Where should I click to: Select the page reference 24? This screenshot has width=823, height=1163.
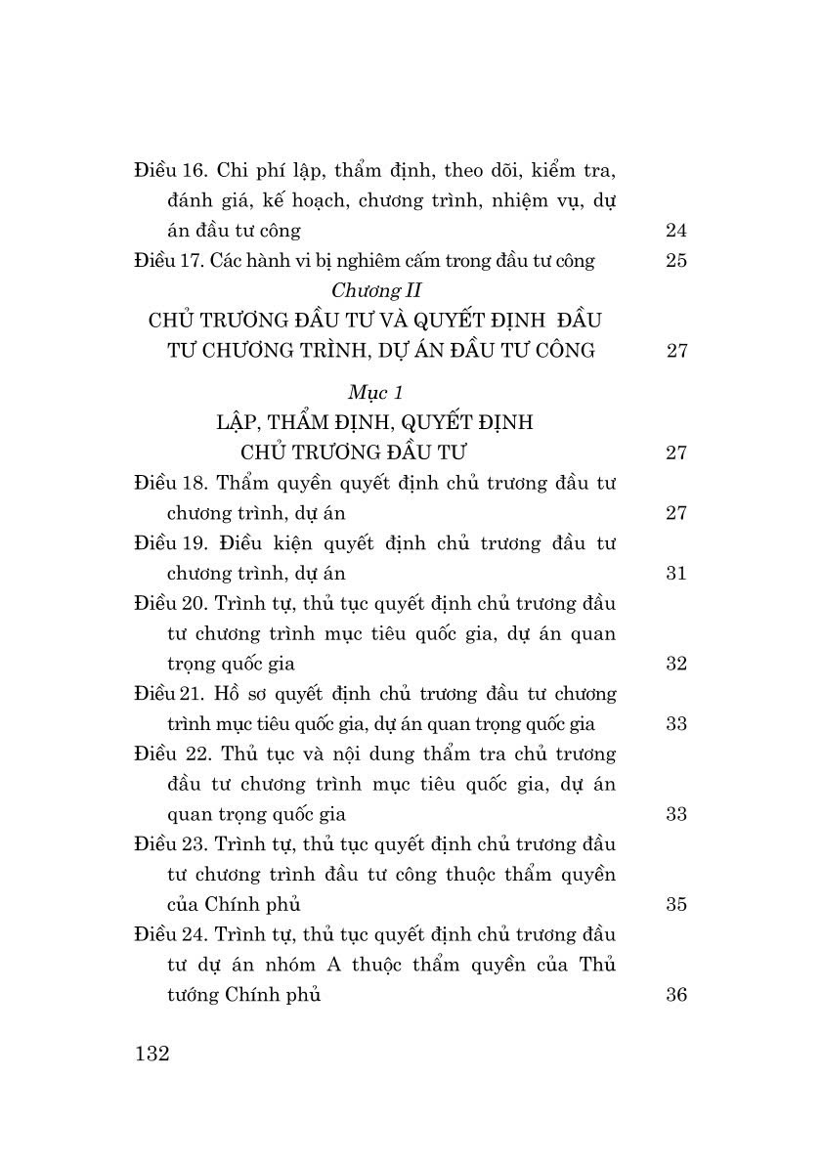675,231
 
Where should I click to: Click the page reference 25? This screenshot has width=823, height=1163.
675,261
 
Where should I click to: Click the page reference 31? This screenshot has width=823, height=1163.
675,574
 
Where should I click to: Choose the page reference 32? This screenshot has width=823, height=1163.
675,664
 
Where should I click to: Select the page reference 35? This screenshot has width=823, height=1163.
675,904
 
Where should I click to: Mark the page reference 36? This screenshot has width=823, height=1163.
675,995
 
